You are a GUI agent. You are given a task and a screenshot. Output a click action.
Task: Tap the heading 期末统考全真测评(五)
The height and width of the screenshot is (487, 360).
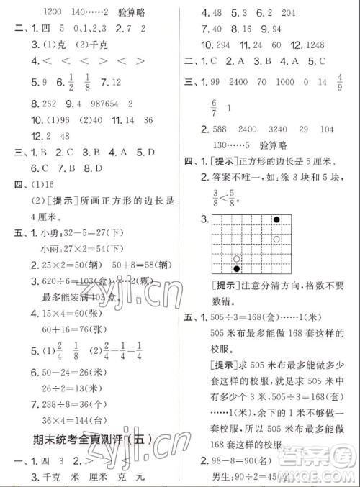(x=93, y=439)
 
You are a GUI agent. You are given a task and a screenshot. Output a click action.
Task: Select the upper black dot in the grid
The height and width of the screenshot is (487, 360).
(x=276, y=219)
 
